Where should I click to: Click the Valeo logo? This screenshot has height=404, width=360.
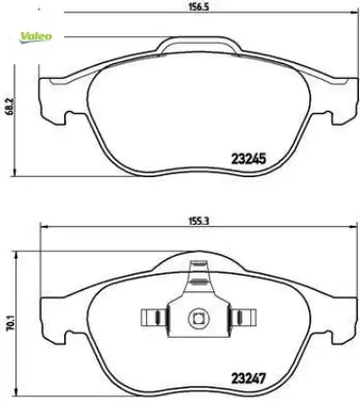[x=36, y=37]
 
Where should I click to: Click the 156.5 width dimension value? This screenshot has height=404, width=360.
[x=198, y=7]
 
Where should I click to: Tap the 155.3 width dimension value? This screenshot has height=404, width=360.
[x=198, y=221]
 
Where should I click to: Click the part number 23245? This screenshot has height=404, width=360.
[x=248, y=159]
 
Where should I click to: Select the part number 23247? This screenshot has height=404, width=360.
[x=248, y=378]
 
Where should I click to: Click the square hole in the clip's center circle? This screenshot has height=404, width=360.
[x=198, y=318]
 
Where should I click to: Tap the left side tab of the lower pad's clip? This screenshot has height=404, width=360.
[x=155, y=317]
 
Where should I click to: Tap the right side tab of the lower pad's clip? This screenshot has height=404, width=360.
[x=242, y=317]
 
